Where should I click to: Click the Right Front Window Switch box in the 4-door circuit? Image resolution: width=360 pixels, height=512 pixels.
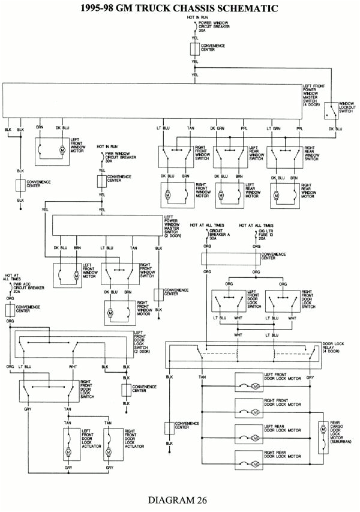(x=176, y=157)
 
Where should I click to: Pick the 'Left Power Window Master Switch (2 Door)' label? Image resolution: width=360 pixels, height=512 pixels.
(x=175, y=227)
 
